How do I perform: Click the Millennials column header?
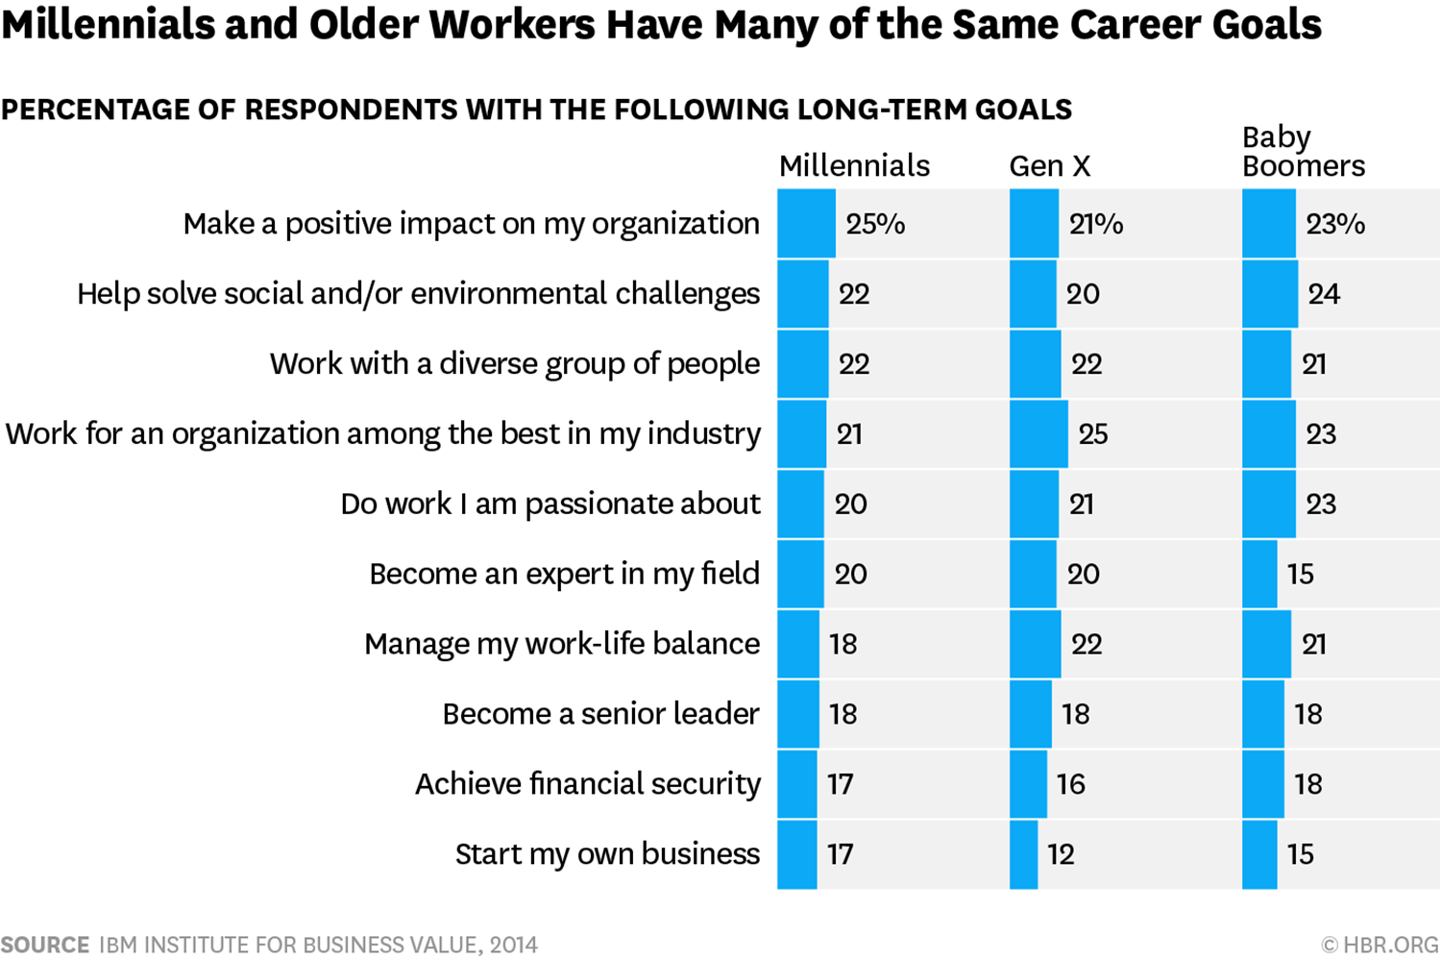coord(854,166)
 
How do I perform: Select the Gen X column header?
coord(1050,166)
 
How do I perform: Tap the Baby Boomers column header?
coord(1304,152)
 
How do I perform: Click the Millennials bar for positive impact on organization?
coord(807,223)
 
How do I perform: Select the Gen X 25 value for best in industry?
coord(1093,433)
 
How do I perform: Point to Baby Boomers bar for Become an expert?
coord(1259,574)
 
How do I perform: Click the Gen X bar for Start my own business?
coord(1023,854)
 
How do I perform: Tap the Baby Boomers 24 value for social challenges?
coord(1324,294)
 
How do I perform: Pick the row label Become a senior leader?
coord(600,714)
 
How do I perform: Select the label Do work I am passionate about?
coord(550,504)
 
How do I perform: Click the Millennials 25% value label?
coord(875,224)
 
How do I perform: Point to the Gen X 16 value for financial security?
coord(1071,784)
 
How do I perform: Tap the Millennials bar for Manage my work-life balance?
coord(798,644)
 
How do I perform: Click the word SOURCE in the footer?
coord(45,945)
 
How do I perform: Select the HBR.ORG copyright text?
coord(1380,945)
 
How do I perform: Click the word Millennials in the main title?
coord(108,24)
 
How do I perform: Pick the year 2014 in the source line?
coord(513,945)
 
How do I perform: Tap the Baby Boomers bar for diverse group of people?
coord(1267,363)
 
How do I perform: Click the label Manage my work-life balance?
coord(562,644)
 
